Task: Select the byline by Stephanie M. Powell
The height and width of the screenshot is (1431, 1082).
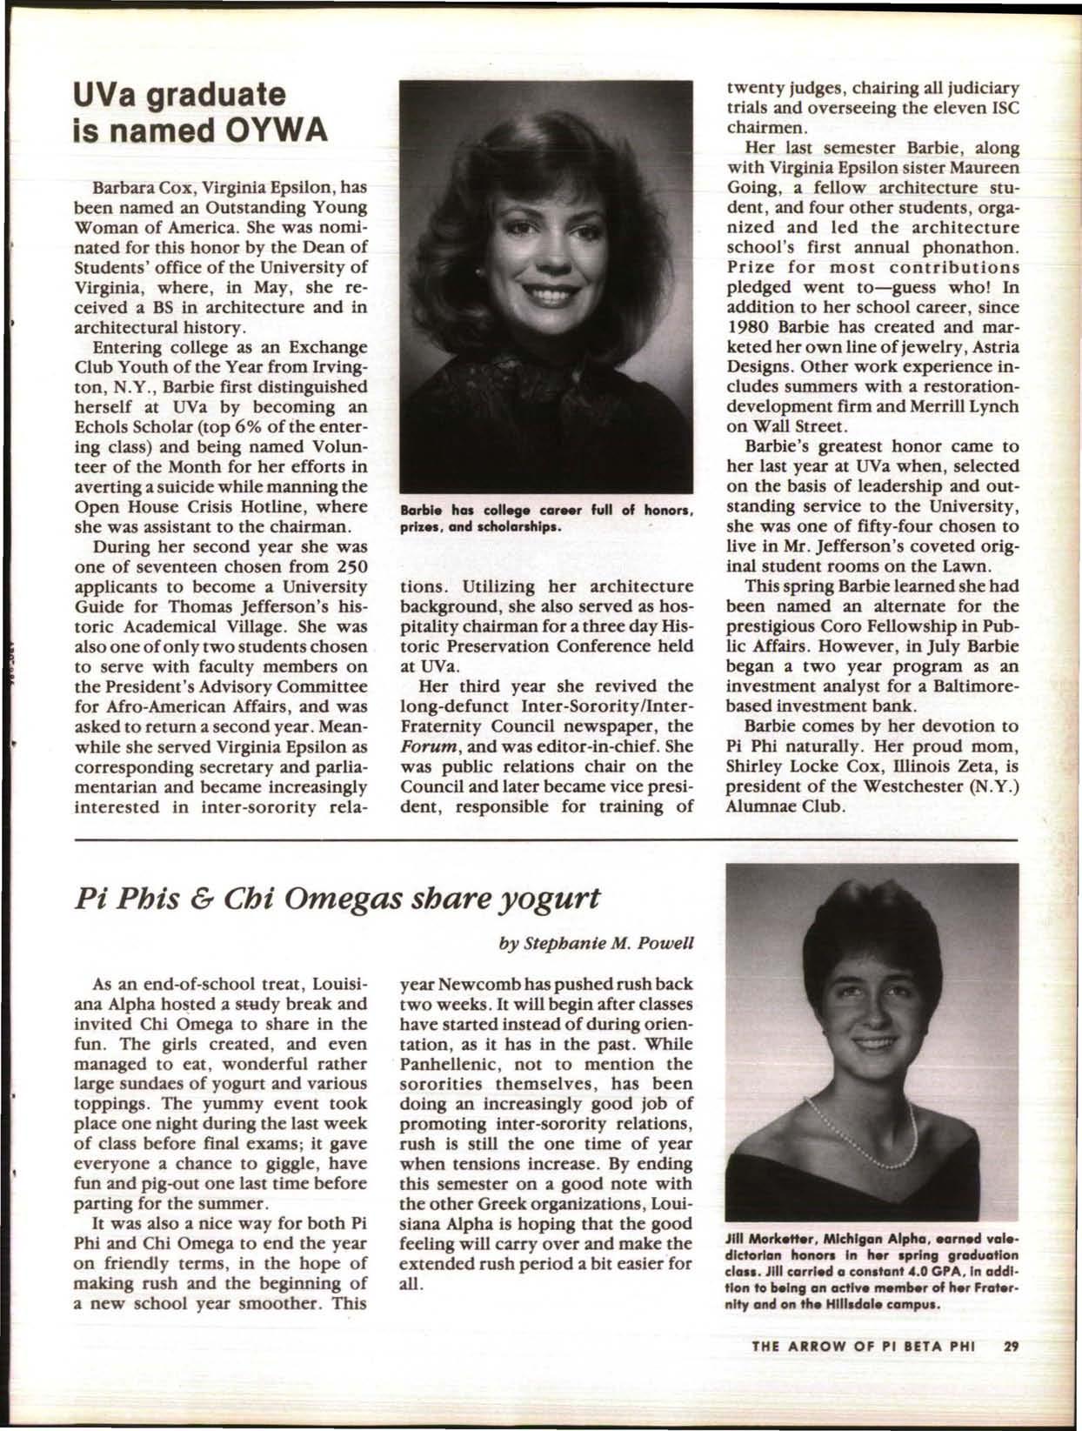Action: [598, 942]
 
